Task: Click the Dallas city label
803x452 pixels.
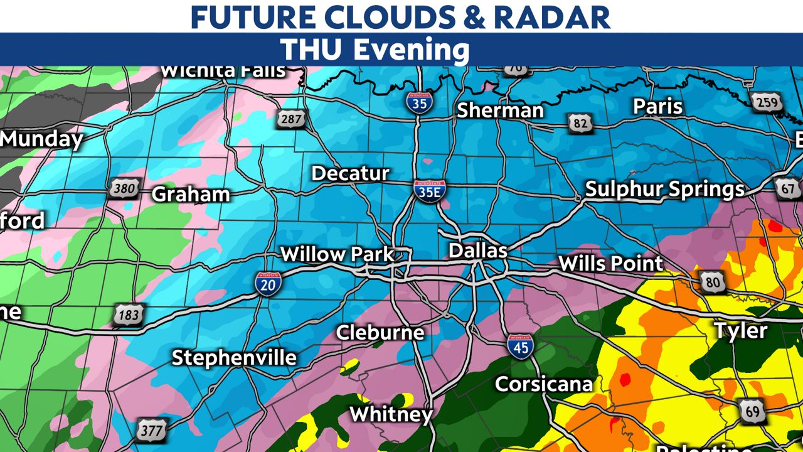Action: (477, 250)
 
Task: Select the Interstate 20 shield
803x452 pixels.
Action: (269, 284)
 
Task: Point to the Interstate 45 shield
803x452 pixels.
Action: (520, 346)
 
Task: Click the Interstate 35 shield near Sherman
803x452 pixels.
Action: (419, 101)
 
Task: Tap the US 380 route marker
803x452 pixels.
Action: (124, 188)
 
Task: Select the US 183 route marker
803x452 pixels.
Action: (129, 315)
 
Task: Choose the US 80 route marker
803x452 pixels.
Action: (713, 282)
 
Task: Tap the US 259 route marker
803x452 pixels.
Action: (767, 102)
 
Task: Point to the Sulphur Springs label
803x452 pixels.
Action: (664, 189)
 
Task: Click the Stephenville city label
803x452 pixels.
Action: (234, 357)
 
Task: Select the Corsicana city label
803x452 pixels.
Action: (543, 384)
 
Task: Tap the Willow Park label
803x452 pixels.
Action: (337, 254)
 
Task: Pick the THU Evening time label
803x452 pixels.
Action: (375, 50)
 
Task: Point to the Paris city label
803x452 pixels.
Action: (657, 106)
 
